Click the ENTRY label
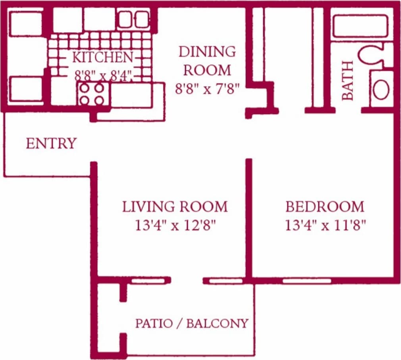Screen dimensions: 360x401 [51, 143]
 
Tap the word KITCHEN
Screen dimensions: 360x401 [102, 57]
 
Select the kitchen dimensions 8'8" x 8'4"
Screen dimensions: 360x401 [103, 75]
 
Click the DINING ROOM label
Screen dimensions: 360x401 [207, 61]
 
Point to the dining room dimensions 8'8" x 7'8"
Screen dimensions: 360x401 [207, 88]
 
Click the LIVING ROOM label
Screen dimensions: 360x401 [175, 207]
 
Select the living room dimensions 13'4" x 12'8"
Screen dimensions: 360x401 [175, 226]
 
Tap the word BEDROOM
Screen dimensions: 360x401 [325, 207]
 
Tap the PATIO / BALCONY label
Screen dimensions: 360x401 [192, 323]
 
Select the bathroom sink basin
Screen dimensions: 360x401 [381, 89]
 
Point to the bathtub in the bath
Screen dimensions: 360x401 [360, 26]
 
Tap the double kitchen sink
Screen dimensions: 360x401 [133, 19]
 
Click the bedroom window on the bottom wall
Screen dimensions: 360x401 [307, 281]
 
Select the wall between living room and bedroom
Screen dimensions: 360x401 [249, 219]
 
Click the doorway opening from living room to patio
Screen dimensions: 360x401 [187, 281]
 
